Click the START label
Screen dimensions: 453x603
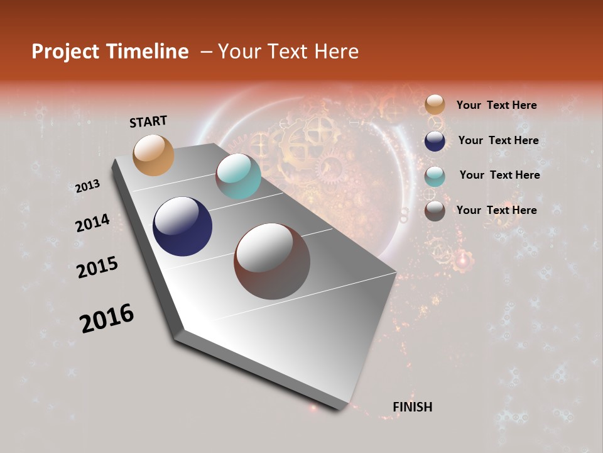tap(148, 121)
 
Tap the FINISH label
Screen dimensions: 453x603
tap(413, 407)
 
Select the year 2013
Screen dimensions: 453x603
tap(87, 186)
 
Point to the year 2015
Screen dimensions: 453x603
tap(97, 267)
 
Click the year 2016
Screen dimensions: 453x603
tap(107, 318)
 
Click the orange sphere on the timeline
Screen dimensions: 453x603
tap(154, 155)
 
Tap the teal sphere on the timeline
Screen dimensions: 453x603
tap(238, 176)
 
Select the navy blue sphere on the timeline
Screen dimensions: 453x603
tap(182, 226)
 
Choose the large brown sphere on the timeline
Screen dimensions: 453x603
tap(272, 261)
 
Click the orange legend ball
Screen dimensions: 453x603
tap(435, 105)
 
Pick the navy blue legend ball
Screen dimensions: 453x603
tap(435, 141)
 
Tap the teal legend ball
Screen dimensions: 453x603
tap(435, 176)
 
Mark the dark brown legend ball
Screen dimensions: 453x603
tap(435, 211)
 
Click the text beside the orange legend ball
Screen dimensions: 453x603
tap(496, 105)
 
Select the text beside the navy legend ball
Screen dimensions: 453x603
tap(498, 140)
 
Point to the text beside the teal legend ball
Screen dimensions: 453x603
tap(499, 175)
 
